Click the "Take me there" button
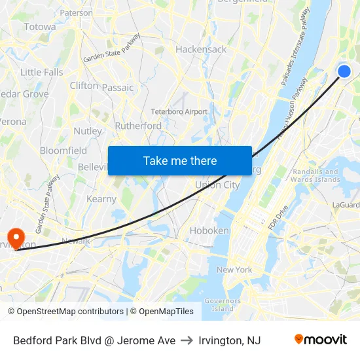(180, 160)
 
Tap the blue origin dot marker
(344, 72)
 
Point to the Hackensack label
(201, 49)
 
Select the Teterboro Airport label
(179, 111)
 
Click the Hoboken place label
(209, 230)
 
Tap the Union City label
(217, 185)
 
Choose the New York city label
(234, 270)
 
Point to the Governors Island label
(223, 304)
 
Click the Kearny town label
(101, 198)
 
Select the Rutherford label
(138, 126)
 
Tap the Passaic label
(118, 87)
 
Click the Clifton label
(84, 86)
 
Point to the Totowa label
(39, 27)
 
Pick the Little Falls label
(42, 72)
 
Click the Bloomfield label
(63, 151)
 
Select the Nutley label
(88, 131)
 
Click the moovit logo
(320, 340)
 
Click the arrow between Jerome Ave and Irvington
(187, 340)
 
